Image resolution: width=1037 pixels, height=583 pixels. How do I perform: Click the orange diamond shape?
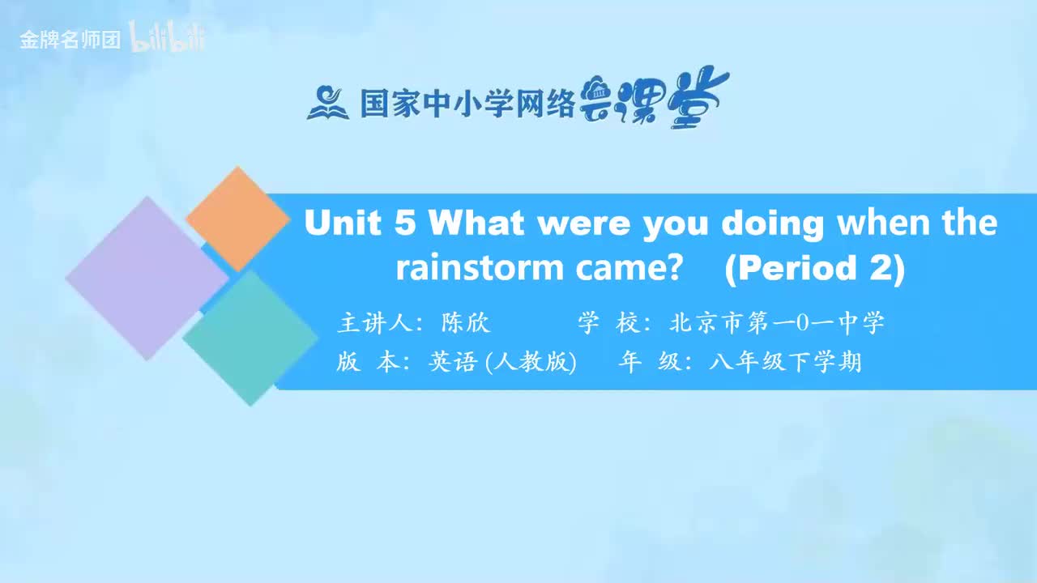tap(238, 219)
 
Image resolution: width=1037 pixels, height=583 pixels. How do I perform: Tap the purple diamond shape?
tap(147, 278)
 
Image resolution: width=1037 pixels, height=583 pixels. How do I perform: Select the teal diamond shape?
tap(250, 338)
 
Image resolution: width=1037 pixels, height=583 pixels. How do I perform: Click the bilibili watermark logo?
tap(167, 36)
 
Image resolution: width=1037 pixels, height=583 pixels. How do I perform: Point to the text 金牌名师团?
tap(70, 40)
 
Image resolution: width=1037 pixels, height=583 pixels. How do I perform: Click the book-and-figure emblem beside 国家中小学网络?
tap(328, 103)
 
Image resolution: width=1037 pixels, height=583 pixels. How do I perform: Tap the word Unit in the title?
tap(343, 223)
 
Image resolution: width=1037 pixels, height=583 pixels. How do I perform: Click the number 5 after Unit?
tap(405, 223)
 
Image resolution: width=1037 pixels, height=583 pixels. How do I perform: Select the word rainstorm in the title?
tap(480, 268)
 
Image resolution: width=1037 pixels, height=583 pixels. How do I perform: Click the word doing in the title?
tap(773, 224)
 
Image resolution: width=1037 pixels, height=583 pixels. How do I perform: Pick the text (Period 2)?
tap(815, 269)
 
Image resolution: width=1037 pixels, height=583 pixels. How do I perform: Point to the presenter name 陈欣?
tap(465, 322)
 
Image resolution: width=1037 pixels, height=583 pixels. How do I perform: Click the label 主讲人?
tap(375, 322)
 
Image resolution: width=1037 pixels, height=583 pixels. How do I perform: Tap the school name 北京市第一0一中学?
tap(777, 322)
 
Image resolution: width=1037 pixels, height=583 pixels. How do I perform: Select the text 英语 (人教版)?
tap(503, 362)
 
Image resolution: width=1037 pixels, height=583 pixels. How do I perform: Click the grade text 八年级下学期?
tap(785, 362)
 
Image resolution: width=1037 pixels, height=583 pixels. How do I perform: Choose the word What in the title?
tap(476, 223)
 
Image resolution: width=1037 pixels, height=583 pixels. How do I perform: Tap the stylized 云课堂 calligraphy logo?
tap(654, 98)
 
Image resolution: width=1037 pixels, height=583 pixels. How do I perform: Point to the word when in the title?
tap(883, 223)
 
